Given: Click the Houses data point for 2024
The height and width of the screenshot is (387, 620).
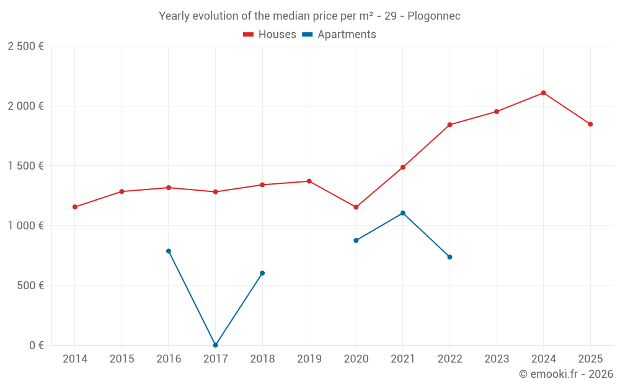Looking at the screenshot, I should pyautogui.click(x=543, y=93).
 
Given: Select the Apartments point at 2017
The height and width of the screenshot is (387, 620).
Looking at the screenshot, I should pyautogui.click(x=215, y=345).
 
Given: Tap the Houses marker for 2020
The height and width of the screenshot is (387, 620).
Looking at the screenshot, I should pyautogui.click(x=356, y=207).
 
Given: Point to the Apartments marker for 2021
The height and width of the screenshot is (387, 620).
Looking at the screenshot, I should pyautogui.click(x=403, y=213).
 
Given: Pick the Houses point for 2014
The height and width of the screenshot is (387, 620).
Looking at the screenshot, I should pyautogui.click(x=75, y=207).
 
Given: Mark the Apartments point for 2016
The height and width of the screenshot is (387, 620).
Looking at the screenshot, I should pyautogui.click(x=169, y=251).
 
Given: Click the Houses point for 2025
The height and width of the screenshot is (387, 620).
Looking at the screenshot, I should pyautogui.click(x=590, y=124).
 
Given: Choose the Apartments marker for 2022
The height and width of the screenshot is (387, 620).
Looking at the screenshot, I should pyautogui.click(x=449, y=257).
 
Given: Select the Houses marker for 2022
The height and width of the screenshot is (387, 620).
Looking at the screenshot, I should pyautogui.click(x=449, y=124).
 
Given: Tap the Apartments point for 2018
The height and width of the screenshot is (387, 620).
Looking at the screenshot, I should pyautogui.click(x=262, y=273).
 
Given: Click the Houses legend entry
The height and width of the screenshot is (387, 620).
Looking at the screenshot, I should pyautogui.click(x=270, y=35).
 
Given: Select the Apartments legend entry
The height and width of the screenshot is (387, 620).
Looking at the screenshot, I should pyautogui.click(x=339, y=35).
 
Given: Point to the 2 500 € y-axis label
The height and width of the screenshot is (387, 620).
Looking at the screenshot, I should pyautogui.click(x=25, y=46).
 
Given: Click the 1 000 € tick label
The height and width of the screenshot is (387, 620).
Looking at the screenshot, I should pyautogui.click(x=25, y=226).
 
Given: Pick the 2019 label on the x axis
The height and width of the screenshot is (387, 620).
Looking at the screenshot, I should pyautogui.click(x=309, y=359).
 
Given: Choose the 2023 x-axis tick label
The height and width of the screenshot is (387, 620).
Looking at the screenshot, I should pyautogui.click(x=497, y=359).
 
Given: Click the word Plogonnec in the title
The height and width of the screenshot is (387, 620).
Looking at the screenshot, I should pyautogui.click(x=434, y=16).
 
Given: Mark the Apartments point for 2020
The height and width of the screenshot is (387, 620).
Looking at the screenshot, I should pyautogui.click(x=356, y=240).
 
